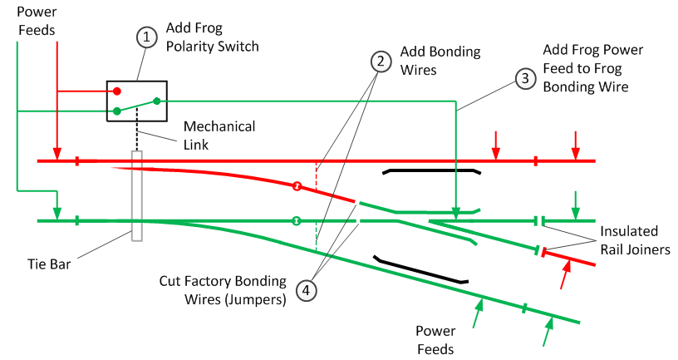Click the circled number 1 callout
146,37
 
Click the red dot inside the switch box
117,91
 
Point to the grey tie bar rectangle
137,196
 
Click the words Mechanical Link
219,135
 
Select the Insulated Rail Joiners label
630,239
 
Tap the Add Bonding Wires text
440,61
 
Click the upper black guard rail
431,171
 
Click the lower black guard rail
420,270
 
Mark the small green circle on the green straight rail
296,221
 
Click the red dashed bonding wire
316,177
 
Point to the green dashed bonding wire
316,236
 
